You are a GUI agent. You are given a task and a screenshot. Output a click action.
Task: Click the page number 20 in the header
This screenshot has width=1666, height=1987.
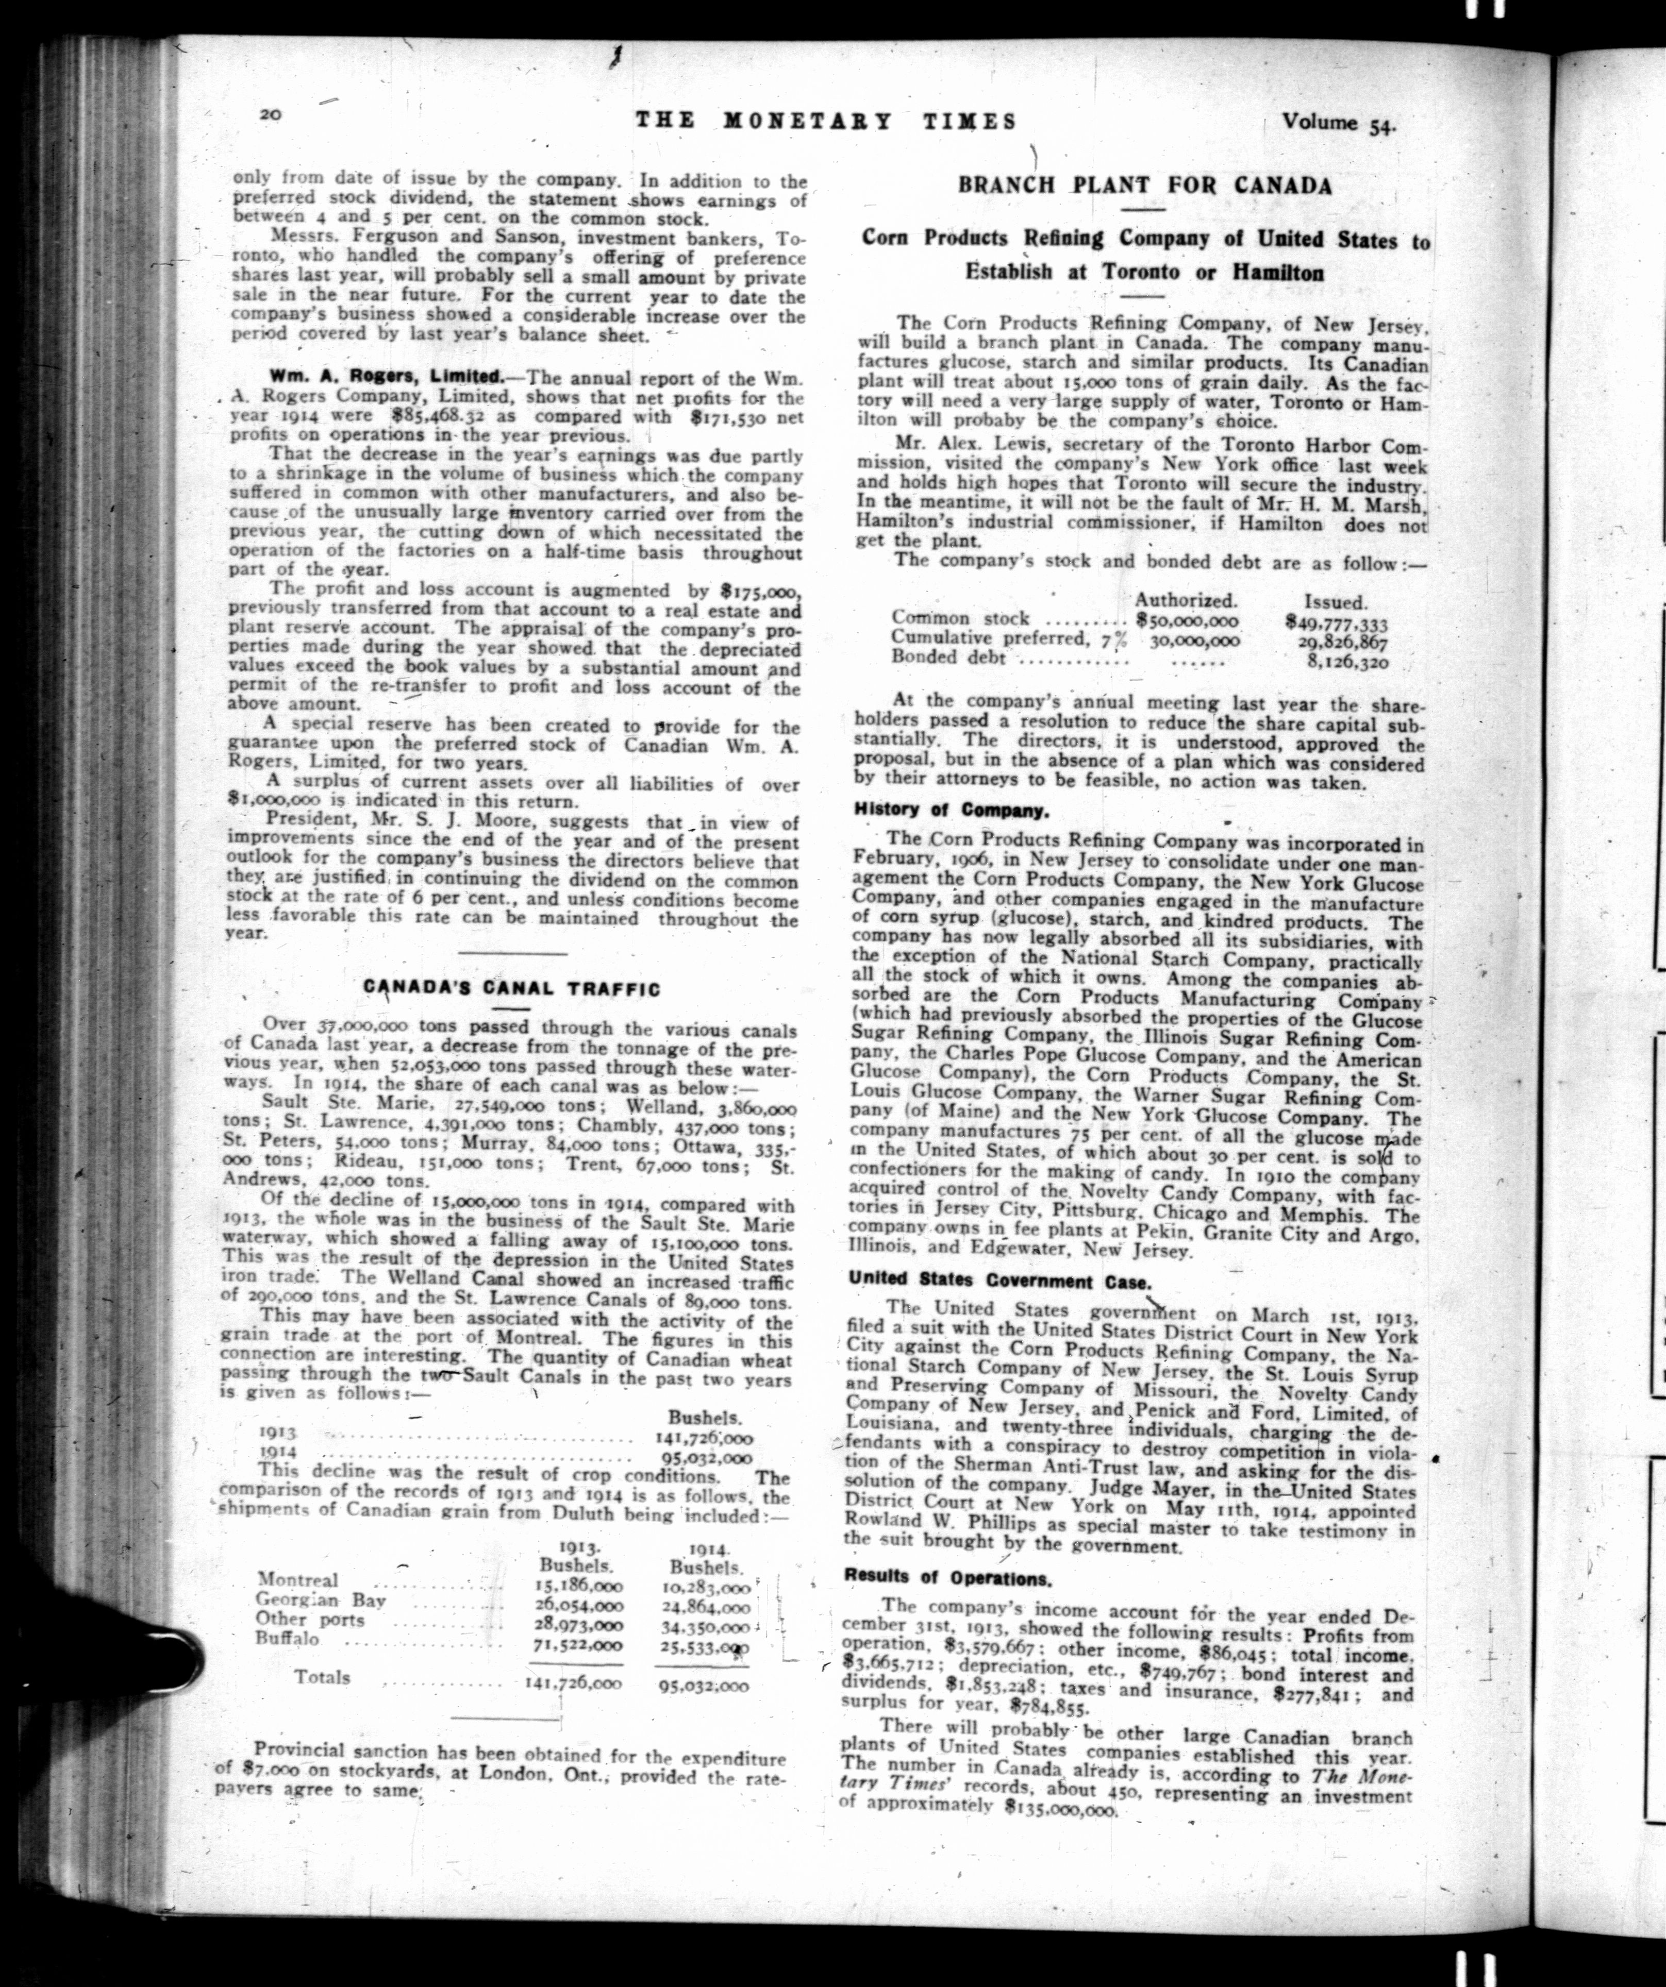(270, 114)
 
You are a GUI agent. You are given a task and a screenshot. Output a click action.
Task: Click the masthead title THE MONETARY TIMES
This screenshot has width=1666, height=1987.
(825, 121)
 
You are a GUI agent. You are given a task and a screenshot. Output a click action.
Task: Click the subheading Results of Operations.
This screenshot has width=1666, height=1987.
(946, 1577)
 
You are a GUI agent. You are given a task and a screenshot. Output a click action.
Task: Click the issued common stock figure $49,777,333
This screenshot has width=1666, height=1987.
(1336, 621)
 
